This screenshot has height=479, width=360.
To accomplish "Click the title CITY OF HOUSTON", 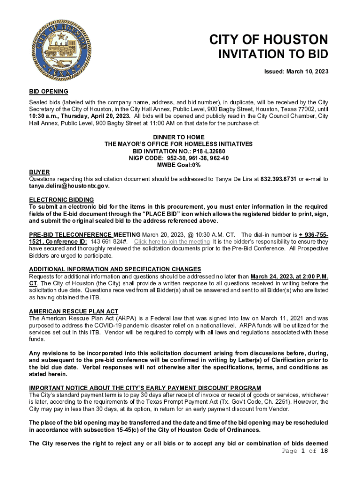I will [268, 39].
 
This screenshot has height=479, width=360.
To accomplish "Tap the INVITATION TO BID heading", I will [274, 54].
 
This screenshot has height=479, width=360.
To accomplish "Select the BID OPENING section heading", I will [49, 91].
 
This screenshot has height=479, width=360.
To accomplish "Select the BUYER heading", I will [39, 172].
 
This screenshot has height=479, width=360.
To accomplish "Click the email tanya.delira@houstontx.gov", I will [69, 186].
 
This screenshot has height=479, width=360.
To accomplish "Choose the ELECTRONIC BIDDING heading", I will [61, 200].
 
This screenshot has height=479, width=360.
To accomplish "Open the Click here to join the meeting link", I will [172, 242].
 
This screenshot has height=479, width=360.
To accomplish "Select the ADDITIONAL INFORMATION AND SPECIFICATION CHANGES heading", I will [115, 269].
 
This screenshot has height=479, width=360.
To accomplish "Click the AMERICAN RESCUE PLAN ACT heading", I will [73, 311].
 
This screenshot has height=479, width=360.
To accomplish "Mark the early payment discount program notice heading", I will [145, 388].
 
